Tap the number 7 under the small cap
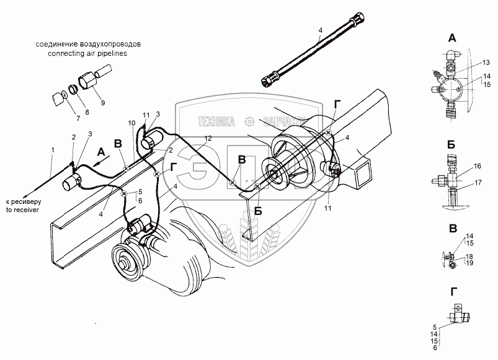point(61,116)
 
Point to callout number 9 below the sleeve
point(103,103)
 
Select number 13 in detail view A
point(471,64)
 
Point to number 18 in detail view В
point(469,257)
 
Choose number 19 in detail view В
point(469,264)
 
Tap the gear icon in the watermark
point(249,121)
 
